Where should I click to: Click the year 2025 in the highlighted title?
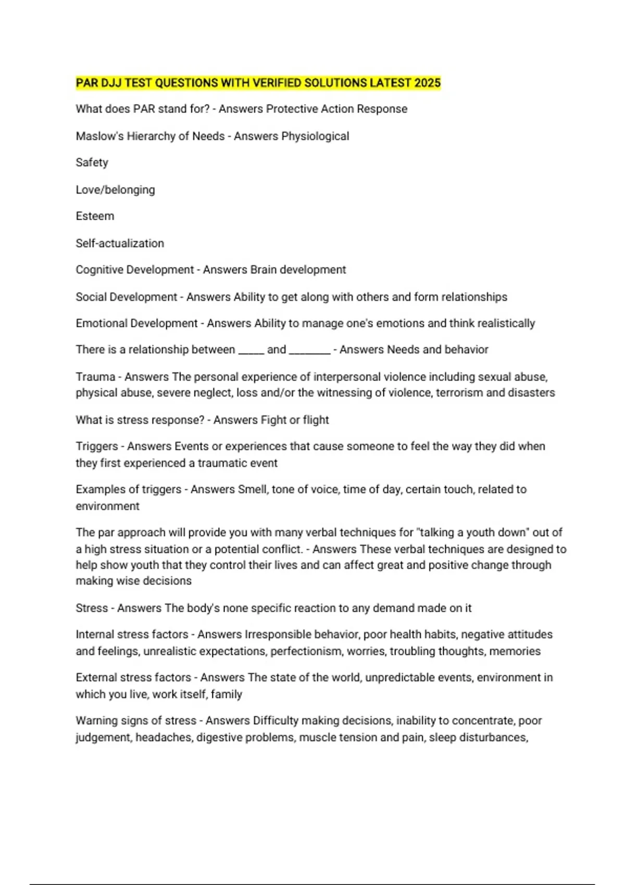click(427, 83)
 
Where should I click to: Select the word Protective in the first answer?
click(292, 109)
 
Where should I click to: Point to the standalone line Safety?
click(92, 162)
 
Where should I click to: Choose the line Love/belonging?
click(115, 190)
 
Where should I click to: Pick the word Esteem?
click(95, 216)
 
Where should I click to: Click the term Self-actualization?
click(120, 243)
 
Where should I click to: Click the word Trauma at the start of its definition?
click(95, 376)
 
